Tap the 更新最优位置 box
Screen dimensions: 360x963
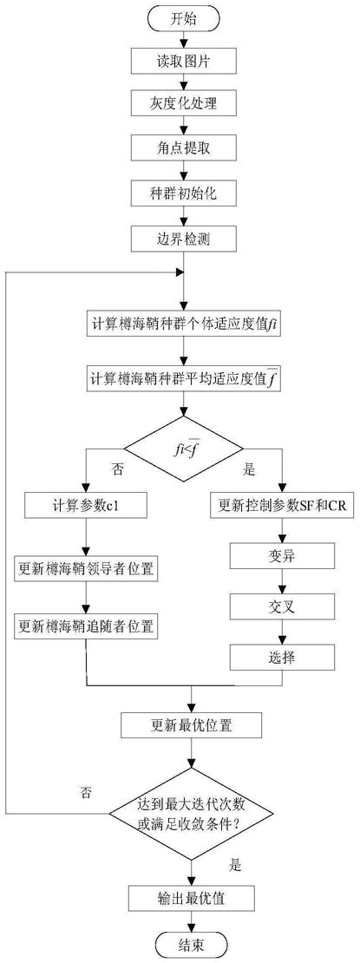coord(193,725)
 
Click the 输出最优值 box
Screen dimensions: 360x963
coord(193,897)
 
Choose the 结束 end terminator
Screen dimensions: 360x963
coord(193,943)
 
